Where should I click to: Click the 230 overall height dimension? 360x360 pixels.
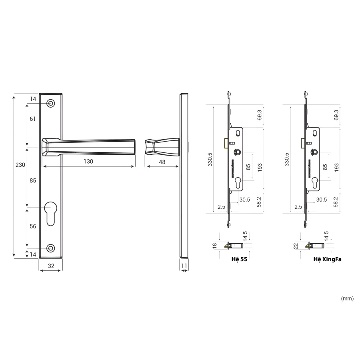click(20, 165)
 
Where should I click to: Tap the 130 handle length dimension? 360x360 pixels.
click(88, 162)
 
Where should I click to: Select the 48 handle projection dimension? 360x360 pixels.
click(162, 162)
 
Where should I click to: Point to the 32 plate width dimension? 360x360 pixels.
click(51, 266)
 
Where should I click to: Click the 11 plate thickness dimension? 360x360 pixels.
click(184, 266)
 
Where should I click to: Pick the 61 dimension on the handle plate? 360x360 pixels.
click(33, 119)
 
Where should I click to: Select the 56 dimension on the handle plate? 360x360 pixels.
click(33, 226)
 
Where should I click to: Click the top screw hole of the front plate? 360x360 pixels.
click(51, 103)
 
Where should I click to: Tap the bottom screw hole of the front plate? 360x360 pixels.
click(51, 248)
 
